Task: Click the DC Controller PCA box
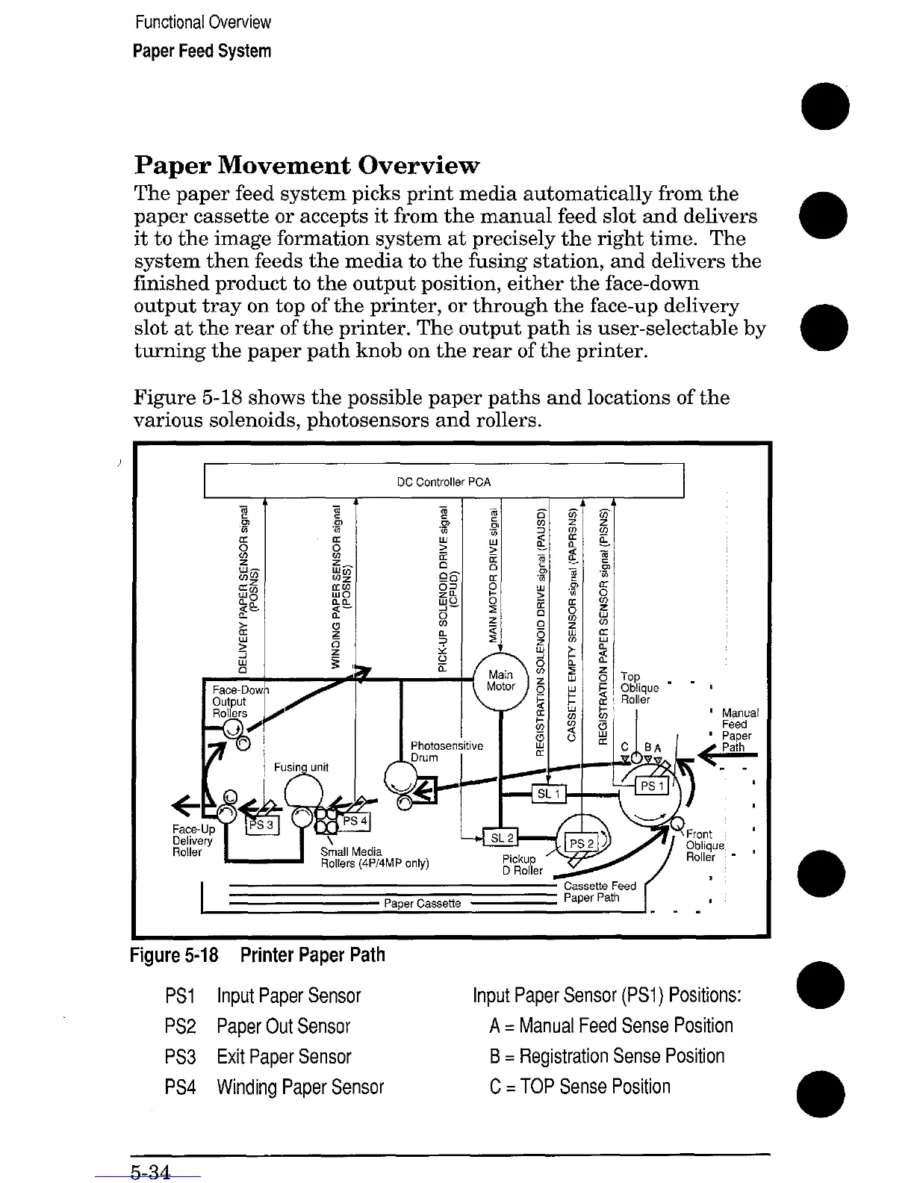tap(444, 482)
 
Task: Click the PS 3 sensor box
tap(262, 825)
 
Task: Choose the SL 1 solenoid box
tap(548, 793)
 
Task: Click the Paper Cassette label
tap(422, 904)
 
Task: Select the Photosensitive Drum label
tap(447, 751)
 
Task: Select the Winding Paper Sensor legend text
tap(299, 1087)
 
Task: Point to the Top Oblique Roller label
tap(639, 688)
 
